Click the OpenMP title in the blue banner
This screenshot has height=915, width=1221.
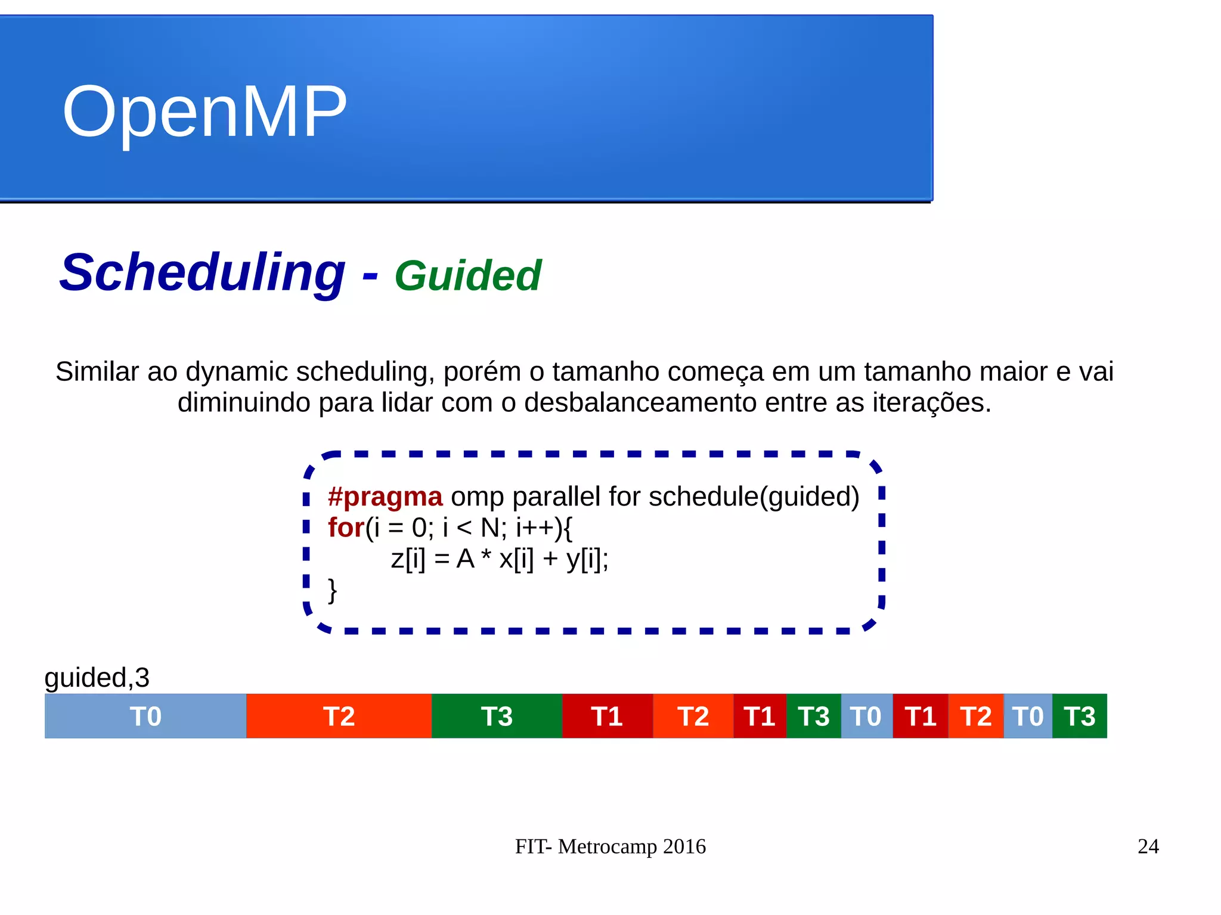(204, 112)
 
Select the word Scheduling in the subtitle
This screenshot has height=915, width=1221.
(202, 272)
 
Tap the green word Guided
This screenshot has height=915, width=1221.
(467, 276)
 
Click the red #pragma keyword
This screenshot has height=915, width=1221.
(385, 497)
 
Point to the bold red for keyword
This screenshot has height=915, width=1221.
(346, 528)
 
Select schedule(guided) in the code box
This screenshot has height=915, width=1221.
(754, 497)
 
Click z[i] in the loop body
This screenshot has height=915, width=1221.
(408, 559)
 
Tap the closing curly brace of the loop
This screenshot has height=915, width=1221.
(333, 590)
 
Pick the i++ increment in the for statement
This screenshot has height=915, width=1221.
(535, 528)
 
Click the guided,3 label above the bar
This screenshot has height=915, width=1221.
(97, 678)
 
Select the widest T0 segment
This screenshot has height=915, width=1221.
(145, 716)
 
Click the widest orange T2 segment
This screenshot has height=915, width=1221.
(339, 716)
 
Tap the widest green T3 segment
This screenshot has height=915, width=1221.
(497, 716)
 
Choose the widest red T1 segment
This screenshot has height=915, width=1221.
(607, 716)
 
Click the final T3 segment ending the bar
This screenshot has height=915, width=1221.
(1080, 716)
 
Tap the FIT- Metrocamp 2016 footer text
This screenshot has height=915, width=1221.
(610, 846)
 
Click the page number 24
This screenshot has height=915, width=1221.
(1148, 846)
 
